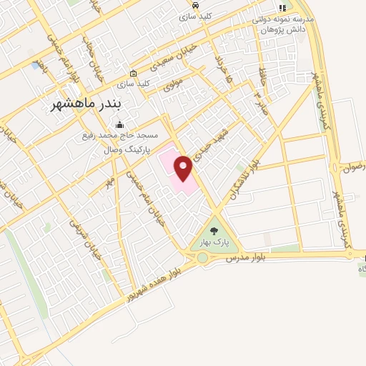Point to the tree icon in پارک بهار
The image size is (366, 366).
pyautogui.click(x=214, y=230)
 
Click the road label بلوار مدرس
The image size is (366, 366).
pyautogui.click(x=246, y=256)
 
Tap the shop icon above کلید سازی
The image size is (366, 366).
pyautogui.click(x=133, y=74)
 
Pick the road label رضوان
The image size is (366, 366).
pyautogui.click(x=355, y=166)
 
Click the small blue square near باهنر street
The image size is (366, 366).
pyautogui.click(x=36, y=66)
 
